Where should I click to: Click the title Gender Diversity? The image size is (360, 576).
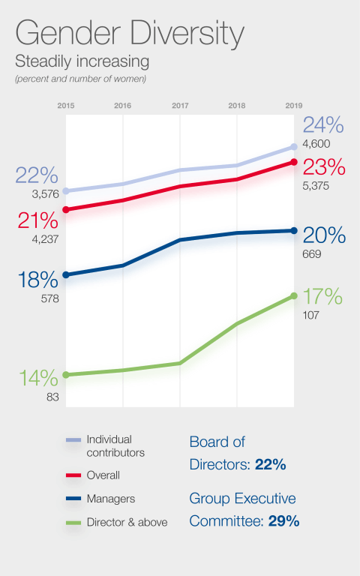(x=129, y=35)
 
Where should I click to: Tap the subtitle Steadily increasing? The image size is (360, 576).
(x=82, y=61)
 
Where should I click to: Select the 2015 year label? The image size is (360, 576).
(x=66, y=106)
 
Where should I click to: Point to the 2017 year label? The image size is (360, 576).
(x=180, y=106)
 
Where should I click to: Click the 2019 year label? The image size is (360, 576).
(x=293, y=106)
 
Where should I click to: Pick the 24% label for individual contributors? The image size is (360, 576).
(x=323, y=124)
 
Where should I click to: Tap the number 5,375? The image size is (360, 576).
(x=316, y=185)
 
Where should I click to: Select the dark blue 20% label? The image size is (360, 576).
(x=324, y=235)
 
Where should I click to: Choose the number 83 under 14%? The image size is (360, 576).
(x=52, y=397)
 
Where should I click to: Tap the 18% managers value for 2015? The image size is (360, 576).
(x=37, y=280)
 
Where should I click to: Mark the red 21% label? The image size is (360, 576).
(x=37, y=220)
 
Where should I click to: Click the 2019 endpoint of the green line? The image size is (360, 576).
(x=293, y=296)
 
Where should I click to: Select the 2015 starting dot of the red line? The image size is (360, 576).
(x=66, y=209)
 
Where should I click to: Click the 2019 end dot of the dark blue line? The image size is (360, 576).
(x=293, y=230)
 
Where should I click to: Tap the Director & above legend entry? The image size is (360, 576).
(x=127, y=522)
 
